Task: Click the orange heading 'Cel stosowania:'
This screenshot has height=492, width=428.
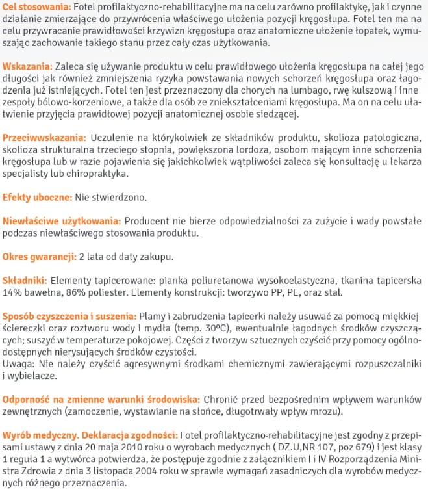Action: point(36,7)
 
